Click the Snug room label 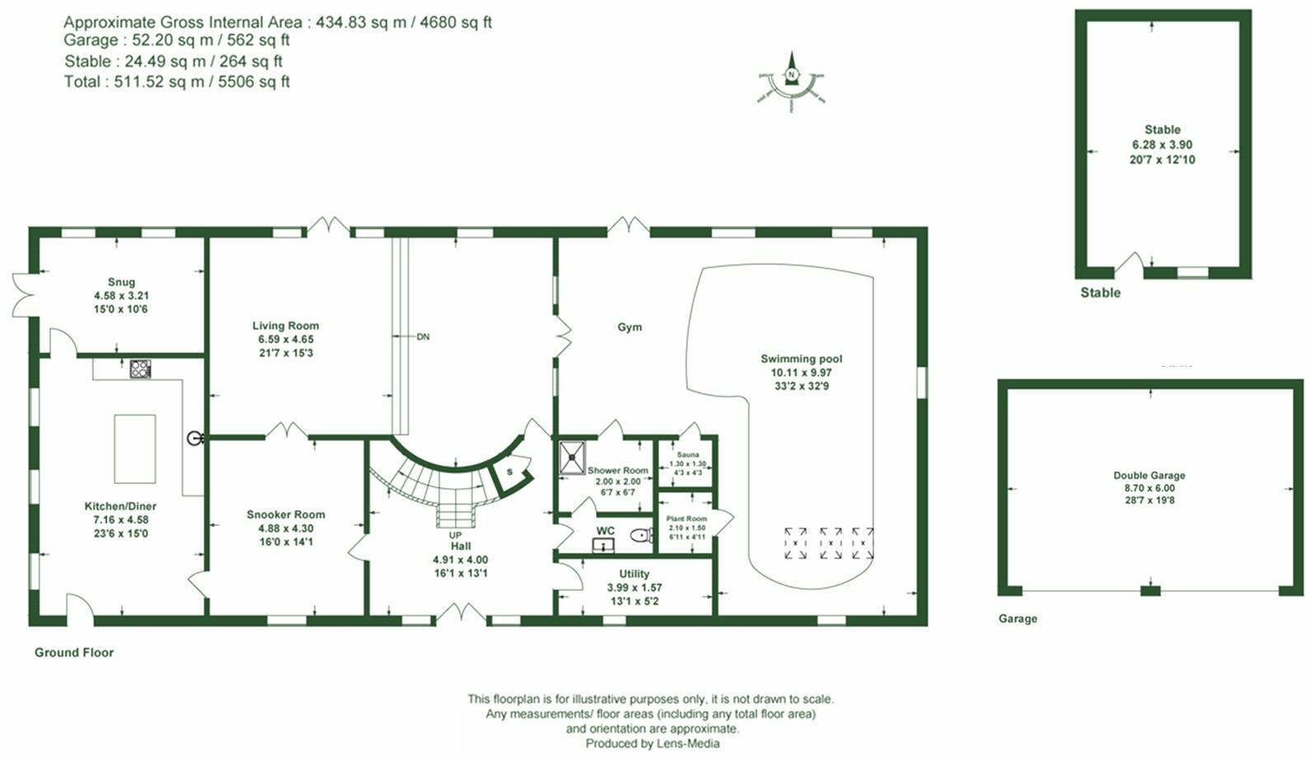coord(121,282)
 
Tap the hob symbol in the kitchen coord(140,368)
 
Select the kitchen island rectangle coord(134,449)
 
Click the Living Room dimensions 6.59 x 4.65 coord(285,339)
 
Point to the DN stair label coord(423,336)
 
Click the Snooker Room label coord(285,514)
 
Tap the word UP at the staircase coord(455,536)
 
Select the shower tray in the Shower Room coord(573,457)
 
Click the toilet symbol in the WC coord(640,536)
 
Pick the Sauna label coord(687,455)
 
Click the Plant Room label coord(686,519)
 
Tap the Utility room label coord(634,574)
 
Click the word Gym coord(630,327)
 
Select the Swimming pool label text coord(801,358)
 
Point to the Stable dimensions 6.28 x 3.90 coord(1162,144)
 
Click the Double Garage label coord(1149,476)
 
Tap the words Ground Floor coord(74,652)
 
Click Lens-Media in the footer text coord(688,743)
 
